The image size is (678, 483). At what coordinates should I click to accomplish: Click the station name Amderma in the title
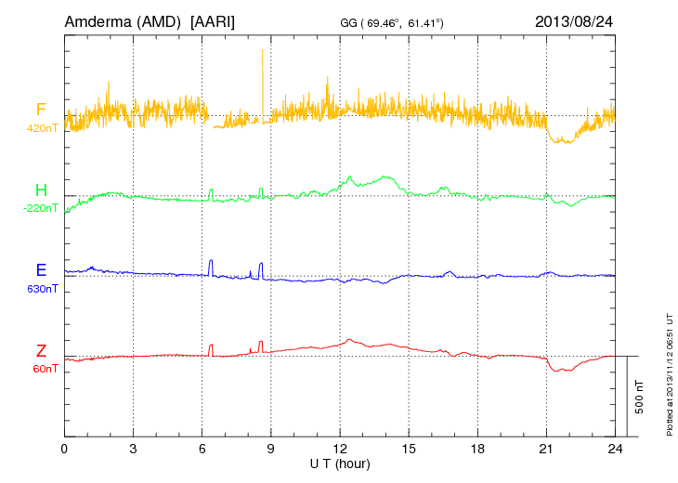pos(98,20)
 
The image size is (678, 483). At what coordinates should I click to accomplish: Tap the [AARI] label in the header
pos(212,20)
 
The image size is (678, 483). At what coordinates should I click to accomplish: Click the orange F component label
pos(41,111)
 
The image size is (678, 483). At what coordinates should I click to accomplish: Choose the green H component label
pos(41,190)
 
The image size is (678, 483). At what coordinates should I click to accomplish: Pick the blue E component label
pos(41,270)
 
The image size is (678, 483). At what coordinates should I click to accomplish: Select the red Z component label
pos(41,350)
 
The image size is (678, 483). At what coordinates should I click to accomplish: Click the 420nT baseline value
pos(42,128)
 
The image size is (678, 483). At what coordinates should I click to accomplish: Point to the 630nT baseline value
pos(42,288)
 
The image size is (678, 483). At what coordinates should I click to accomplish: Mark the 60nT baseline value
pos(43,369)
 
